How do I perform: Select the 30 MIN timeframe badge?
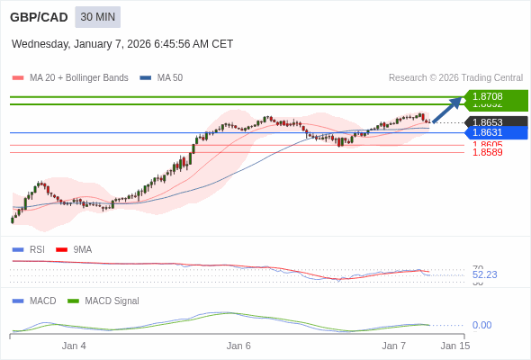pos(97,17)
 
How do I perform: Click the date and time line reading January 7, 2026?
pos(122,43)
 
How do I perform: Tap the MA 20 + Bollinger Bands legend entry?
pos(70,77)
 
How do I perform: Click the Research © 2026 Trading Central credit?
pos(455,77)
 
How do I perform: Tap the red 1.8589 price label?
pos(488,153)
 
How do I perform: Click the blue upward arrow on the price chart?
pos(446,110)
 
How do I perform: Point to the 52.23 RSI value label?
pos(484,274)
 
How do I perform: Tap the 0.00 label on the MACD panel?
pos(481,325)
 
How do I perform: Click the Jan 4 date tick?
pos(74,346)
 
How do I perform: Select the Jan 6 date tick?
pos(238,346)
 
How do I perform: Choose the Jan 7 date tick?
pos(394,346)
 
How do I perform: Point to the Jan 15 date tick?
pos(454,346)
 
